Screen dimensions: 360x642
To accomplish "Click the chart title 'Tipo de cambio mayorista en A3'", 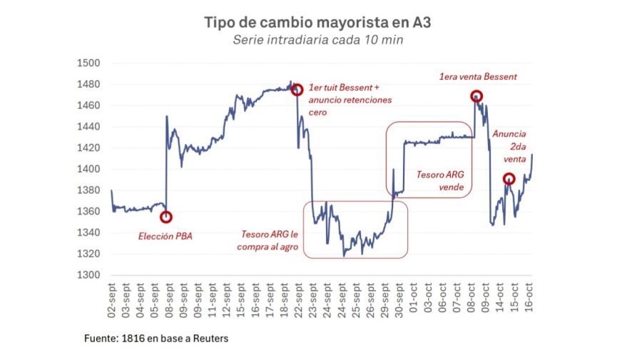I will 317,23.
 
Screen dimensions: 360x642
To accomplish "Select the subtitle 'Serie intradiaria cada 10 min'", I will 317,40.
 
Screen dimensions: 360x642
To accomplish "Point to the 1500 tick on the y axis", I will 88,63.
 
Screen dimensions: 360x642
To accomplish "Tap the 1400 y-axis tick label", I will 88,170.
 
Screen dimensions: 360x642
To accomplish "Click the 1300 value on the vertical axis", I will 88,276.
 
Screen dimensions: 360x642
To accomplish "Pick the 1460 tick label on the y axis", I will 88,106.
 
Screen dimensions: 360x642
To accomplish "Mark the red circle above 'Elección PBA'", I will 166,217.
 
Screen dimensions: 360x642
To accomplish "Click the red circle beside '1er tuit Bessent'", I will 297,90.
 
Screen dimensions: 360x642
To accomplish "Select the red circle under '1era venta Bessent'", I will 476,96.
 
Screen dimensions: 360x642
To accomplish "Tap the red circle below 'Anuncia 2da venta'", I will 509,179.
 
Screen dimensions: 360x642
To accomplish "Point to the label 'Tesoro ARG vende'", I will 445,181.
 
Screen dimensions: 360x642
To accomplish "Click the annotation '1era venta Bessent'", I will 477,77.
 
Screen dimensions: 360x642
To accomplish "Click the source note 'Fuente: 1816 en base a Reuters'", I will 157,339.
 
